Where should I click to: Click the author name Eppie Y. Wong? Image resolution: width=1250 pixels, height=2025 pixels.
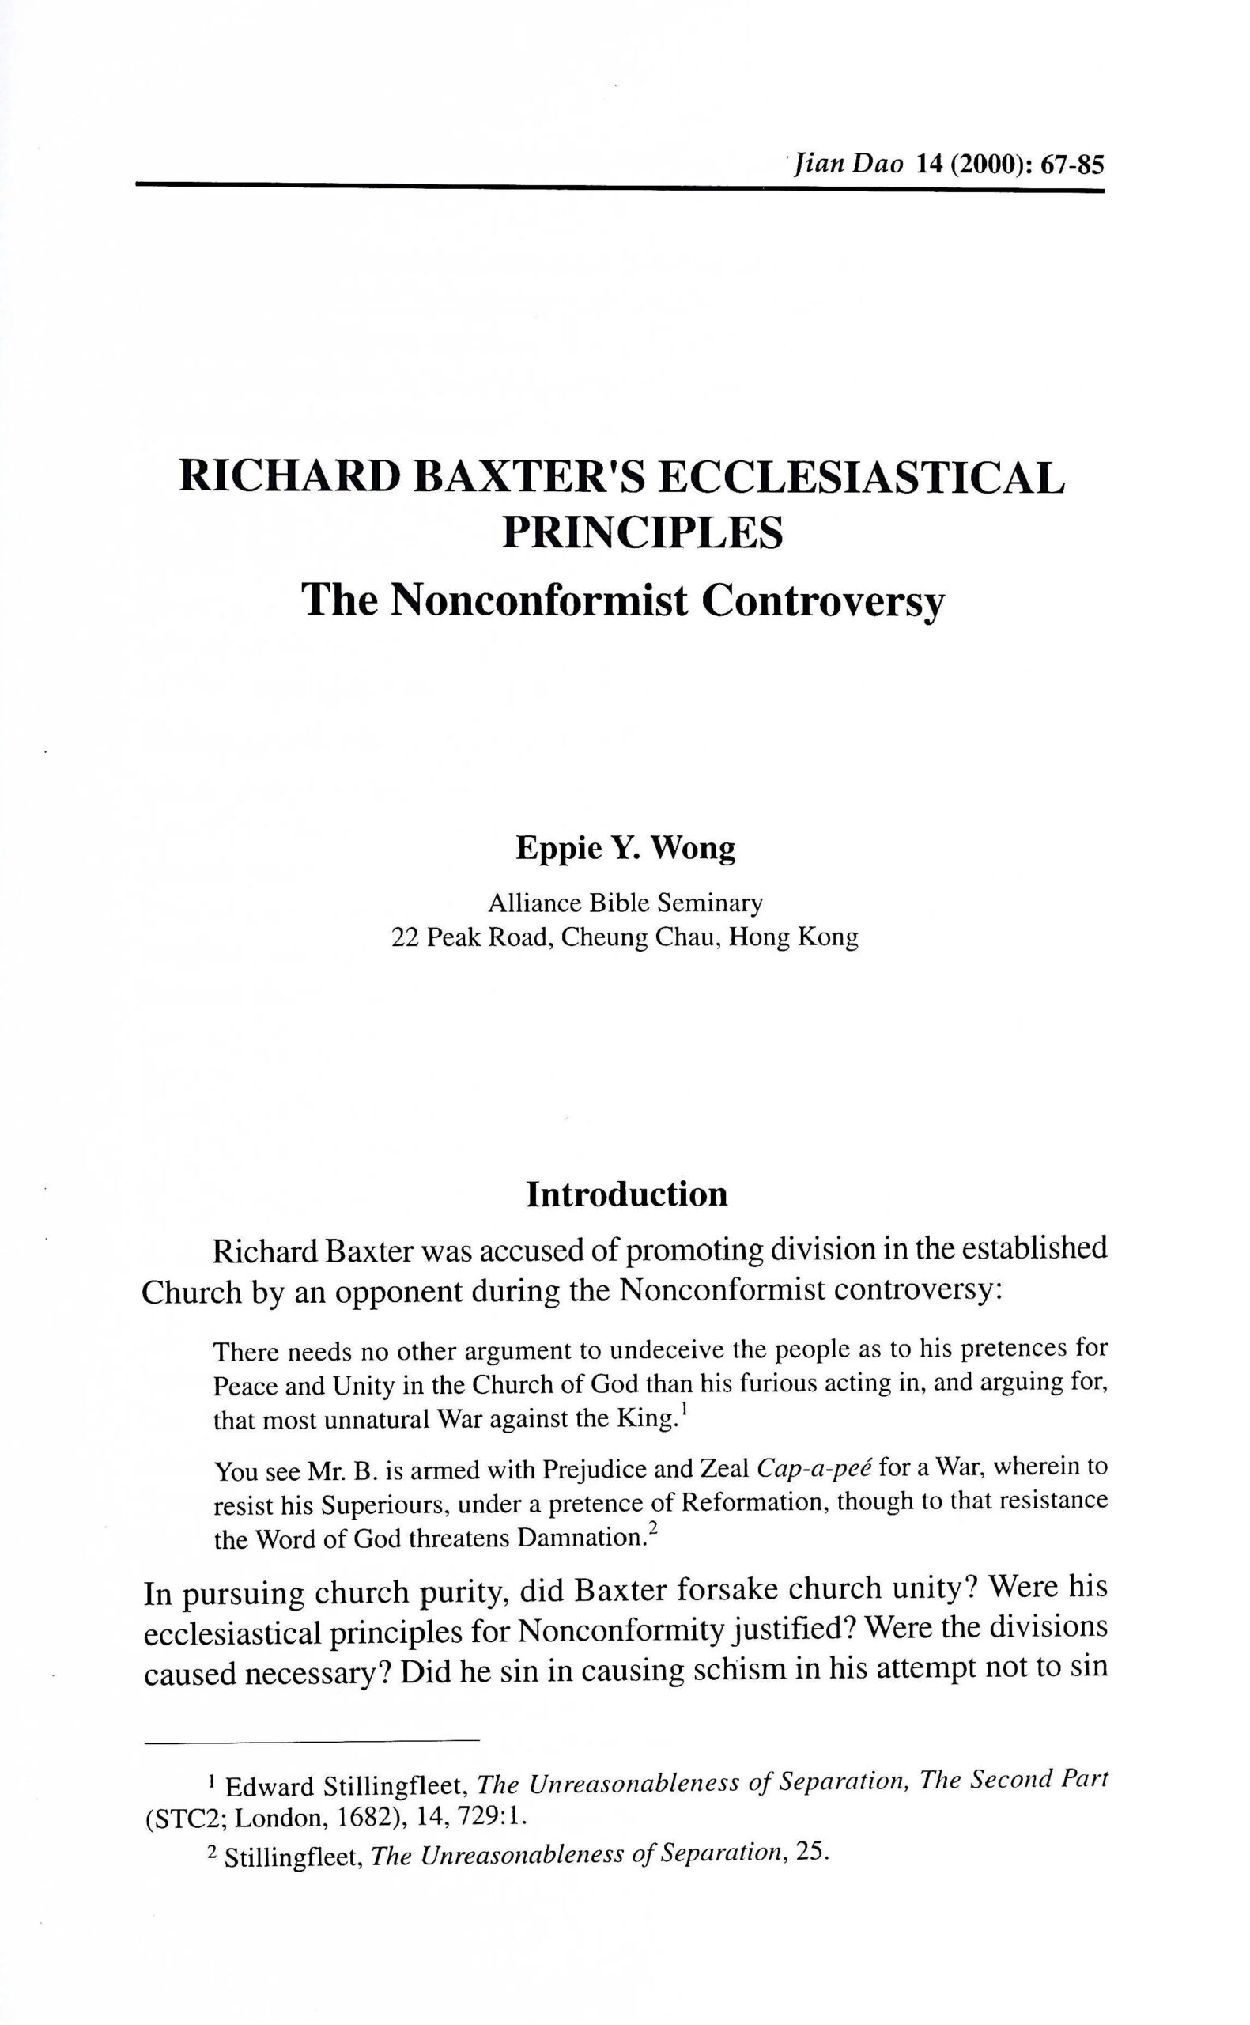tap(625, 850)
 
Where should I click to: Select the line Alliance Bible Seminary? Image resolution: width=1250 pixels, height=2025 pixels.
tap(625, 903)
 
